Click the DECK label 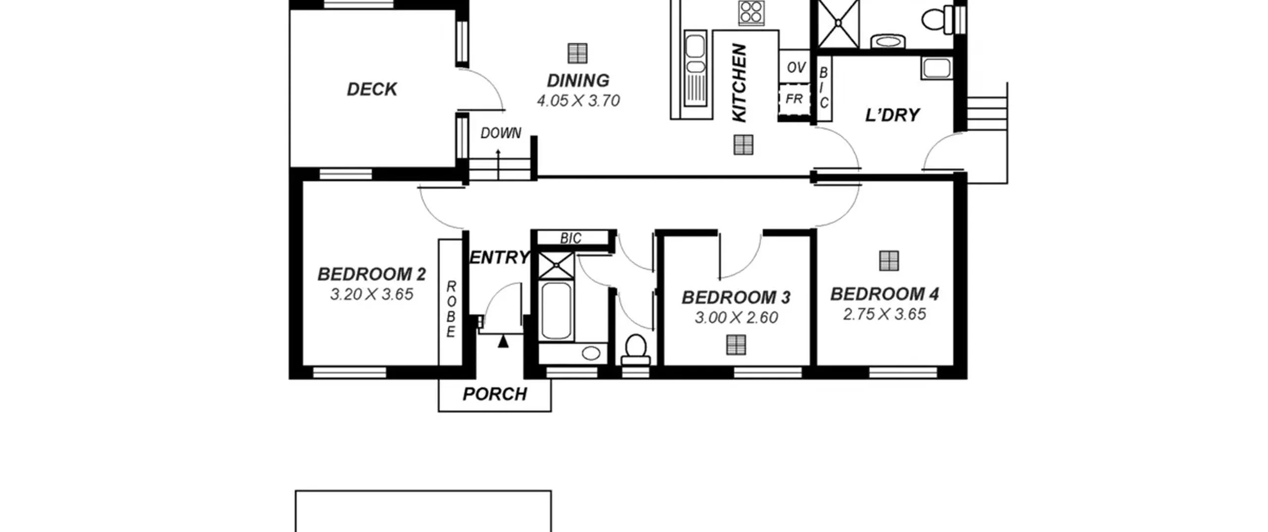click(x=371, y=89)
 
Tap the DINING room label click(x=578, y=80)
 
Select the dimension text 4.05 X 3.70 click(x=578, y=101)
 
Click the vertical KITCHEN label click(x=739, y=83)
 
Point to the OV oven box click(x=794, y=66)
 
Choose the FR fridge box click(x=794, y=100)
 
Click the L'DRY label click(x=892, y=115)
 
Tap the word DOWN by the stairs click(x=501, y=133)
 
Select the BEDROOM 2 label click(x=371, y=274)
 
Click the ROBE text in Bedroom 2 click(x=451, y=309)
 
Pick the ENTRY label click(x=499, y=257)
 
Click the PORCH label click(x=495, y=394)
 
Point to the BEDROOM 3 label click(x=736, y=297)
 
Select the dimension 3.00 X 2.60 click(x=736, y=318)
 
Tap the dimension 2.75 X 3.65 click(x=885, y=314)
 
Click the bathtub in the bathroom click(x=557, y=311)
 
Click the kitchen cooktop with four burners click(x=751, y=12)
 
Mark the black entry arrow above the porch click(x=503, y=341)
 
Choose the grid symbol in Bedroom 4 click(x=889, y=261)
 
